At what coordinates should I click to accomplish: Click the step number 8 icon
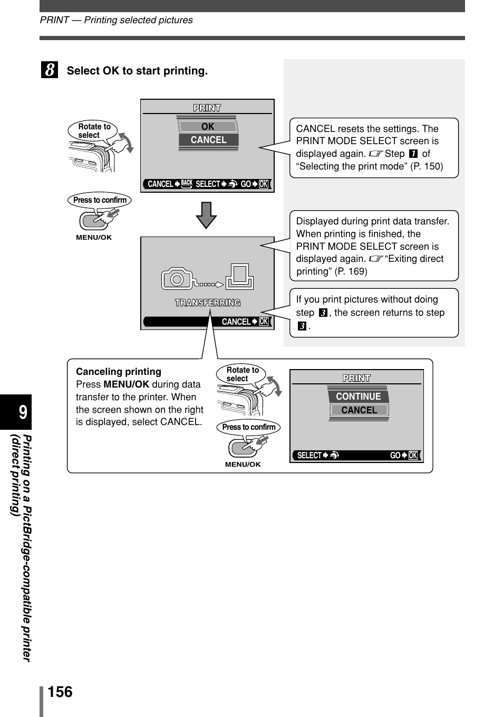[50, 70]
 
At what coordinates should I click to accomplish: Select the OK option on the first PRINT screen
[208, 127]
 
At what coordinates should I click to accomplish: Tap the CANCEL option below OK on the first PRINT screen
[208, 140]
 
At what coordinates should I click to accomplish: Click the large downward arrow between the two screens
[206, 215]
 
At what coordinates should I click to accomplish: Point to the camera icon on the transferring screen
[177, 278]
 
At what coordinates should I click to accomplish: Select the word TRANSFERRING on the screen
[208, 303]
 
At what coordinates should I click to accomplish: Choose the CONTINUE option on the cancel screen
[358, 397]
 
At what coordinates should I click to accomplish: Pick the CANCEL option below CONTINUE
[359, 410]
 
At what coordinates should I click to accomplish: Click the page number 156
[60, 692]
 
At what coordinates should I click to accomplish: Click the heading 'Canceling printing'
[119, 372]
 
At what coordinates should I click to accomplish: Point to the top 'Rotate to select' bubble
[94, 131]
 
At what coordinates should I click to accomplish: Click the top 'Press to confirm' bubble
[100, 200]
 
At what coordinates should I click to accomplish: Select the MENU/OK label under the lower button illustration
[243, 465]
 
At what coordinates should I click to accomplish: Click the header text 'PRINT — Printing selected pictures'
[116, 20]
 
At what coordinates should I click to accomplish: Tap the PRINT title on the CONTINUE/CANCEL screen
[356, 378]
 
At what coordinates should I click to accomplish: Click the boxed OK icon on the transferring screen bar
[264, 322]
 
